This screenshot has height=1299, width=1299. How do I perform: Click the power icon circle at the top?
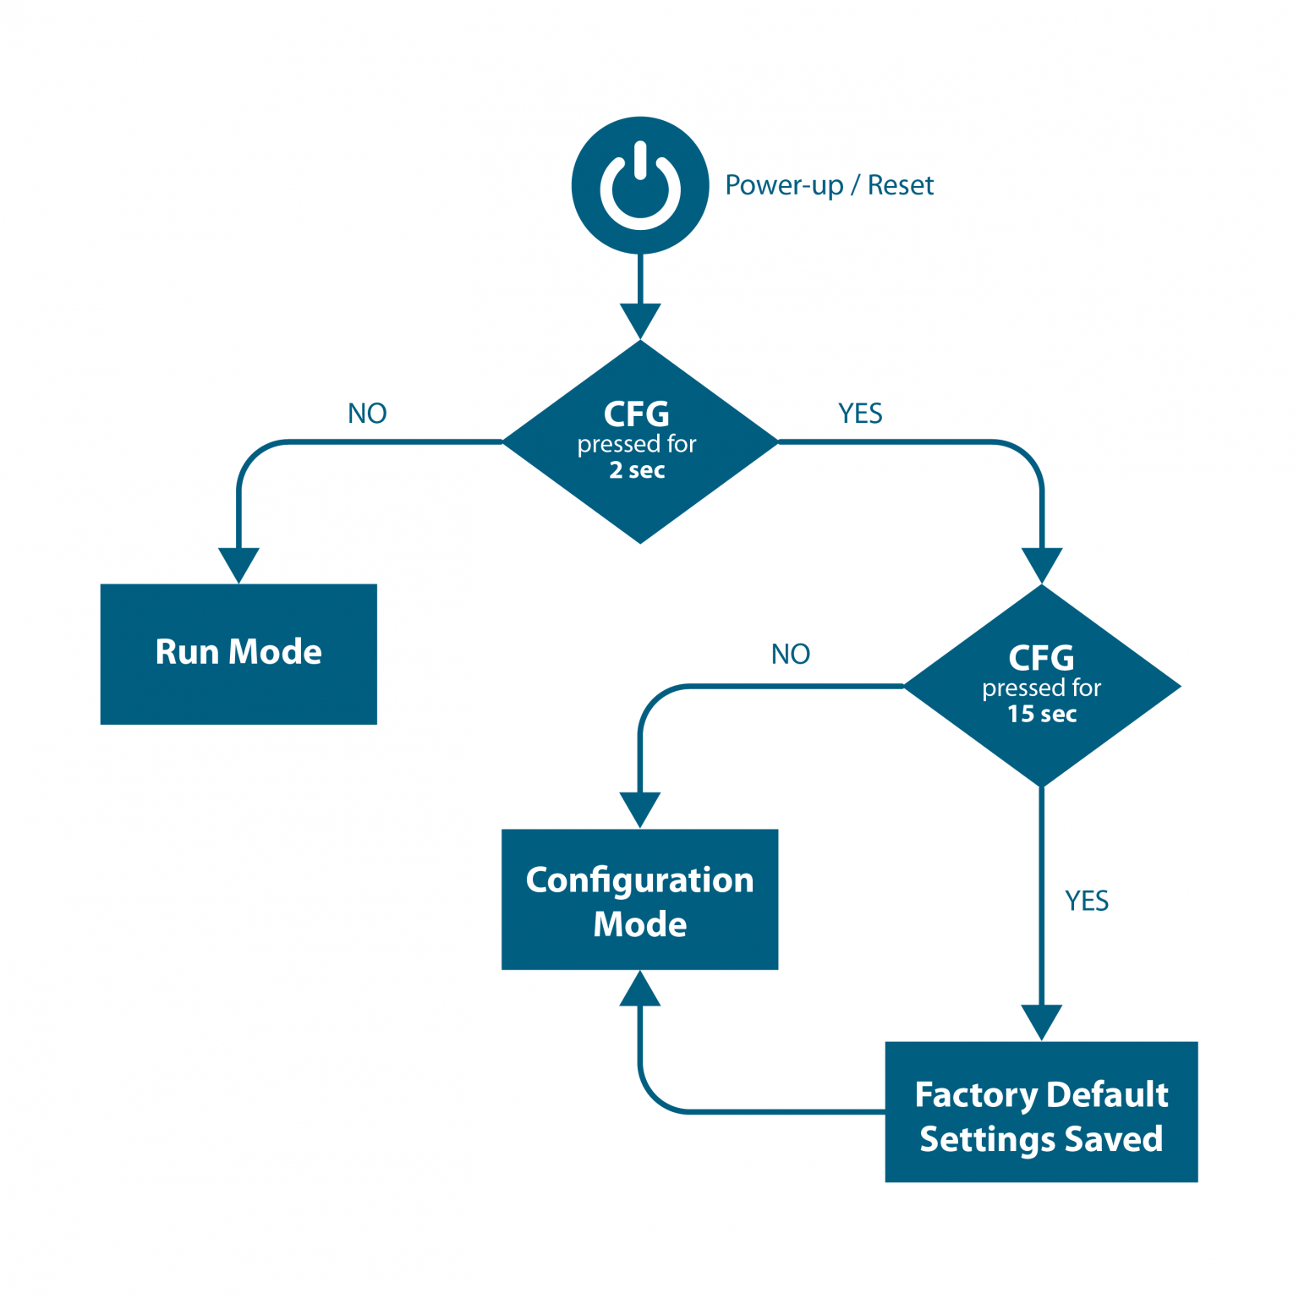pos(640,185)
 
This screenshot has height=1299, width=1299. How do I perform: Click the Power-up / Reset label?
pos(829,185)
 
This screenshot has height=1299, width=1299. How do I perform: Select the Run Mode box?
pos(238,654)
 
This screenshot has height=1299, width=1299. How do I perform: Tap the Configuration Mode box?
pos(639,899)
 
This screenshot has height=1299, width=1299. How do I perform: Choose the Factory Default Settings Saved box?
pos(1041,1112)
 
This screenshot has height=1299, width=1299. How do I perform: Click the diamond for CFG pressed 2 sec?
pos(640,441)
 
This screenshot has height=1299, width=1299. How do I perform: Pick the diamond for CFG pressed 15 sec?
pos(1042,686)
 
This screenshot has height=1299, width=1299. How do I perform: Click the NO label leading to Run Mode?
pos(367,414)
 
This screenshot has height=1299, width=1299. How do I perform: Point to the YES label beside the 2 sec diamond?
pos(860,414)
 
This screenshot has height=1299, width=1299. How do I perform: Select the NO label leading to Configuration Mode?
pos(791,654)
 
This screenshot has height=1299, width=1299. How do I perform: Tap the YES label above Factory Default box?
pos(1087,902)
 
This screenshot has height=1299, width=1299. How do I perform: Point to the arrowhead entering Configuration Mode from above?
pos(640,809)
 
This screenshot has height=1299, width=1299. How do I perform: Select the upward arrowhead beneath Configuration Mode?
pos(640,989)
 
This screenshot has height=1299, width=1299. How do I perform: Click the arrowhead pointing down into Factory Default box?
pos(1042,1022)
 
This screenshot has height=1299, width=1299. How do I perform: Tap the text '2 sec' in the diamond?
pos(638,470)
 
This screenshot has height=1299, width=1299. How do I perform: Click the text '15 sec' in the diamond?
pos(1042,715)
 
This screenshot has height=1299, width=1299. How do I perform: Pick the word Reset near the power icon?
pos(901,185)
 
